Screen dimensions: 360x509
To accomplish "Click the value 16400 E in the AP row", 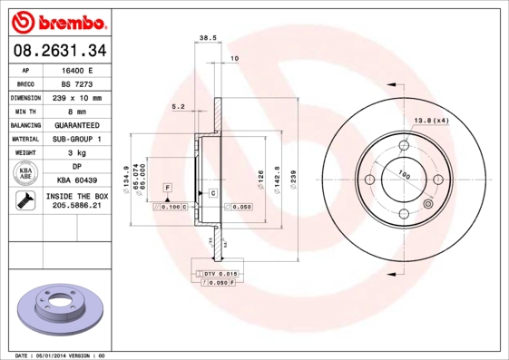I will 77,70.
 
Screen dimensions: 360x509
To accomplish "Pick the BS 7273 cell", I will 77,83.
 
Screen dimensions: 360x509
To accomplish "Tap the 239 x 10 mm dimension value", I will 77,97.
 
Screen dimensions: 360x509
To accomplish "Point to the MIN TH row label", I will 24,111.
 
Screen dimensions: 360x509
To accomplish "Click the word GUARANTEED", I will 77,124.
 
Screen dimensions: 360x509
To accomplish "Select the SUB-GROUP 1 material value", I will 77,139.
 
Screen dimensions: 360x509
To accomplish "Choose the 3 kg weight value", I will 77,152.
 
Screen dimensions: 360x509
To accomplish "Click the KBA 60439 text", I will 77,180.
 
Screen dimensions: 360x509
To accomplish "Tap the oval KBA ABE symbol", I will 25,173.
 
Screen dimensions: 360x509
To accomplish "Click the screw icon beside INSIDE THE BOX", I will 25,201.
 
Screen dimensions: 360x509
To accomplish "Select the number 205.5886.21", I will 77,206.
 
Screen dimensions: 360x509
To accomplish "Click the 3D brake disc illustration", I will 60,307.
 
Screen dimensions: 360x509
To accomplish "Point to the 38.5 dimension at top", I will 206,38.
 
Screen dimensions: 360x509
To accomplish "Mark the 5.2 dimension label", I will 179,107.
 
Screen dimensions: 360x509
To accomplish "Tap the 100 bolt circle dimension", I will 404,176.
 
